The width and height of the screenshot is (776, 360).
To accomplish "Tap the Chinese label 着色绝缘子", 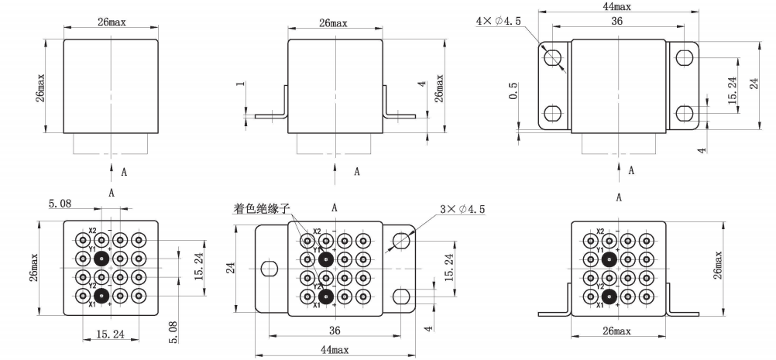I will pyautogui.click(x=261, y=209).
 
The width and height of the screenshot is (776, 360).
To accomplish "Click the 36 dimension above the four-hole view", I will pyautogui.click(x=616, y=21).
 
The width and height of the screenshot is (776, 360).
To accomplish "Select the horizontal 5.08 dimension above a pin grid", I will pyautogui.click(x=60, y=204).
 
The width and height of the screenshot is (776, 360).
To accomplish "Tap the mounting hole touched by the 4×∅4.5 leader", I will pyautogui.click(x=553, y=57).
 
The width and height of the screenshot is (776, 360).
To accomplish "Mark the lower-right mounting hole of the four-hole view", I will pyautogui.click(x=684, y=114).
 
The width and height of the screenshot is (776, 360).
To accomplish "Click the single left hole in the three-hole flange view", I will pyautogui.click(x=269, y=269).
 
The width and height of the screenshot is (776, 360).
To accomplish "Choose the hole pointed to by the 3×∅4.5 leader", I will pyautogui.click(x=401, y=242).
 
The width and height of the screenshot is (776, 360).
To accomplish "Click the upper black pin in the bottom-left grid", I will pyautogui.click(x=101, y=258).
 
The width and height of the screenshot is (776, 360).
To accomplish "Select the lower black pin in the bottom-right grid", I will pyautogui.click(x=609, y=296).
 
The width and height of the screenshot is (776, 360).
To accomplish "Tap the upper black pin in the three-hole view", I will pyautogui.click(x=325, y=259).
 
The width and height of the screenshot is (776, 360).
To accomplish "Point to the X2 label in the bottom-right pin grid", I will pyautogui.click(x=600, y=231).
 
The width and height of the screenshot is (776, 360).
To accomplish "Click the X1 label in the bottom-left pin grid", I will pyautogui.click(x=92, y=304).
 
